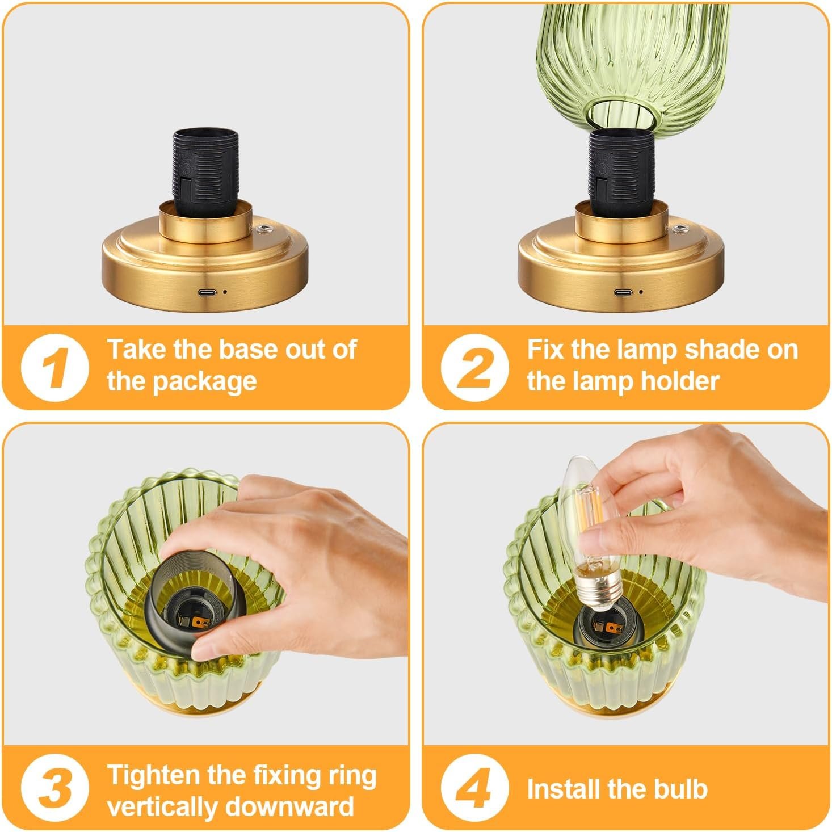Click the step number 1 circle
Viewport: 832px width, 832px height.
(55, 367)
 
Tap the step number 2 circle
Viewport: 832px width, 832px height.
(475, 367)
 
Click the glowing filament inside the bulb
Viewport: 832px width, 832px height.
(591, 510)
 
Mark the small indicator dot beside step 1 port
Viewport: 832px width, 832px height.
(225, 292)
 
